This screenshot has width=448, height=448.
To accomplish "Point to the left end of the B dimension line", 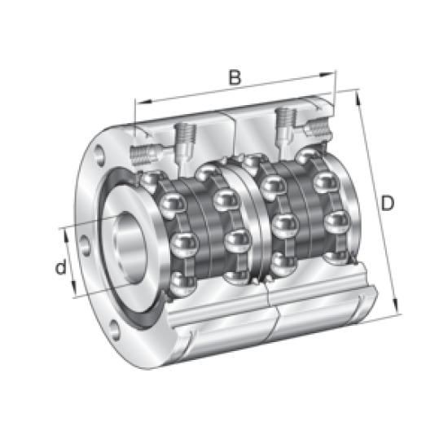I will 135,104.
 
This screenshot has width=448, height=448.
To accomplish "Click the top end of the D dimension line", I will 356,91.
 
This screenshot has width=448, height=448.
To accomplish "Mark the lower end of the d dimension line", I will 78,298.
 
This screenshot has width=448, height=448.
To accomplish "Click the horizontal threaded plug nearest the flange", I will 143,152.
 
